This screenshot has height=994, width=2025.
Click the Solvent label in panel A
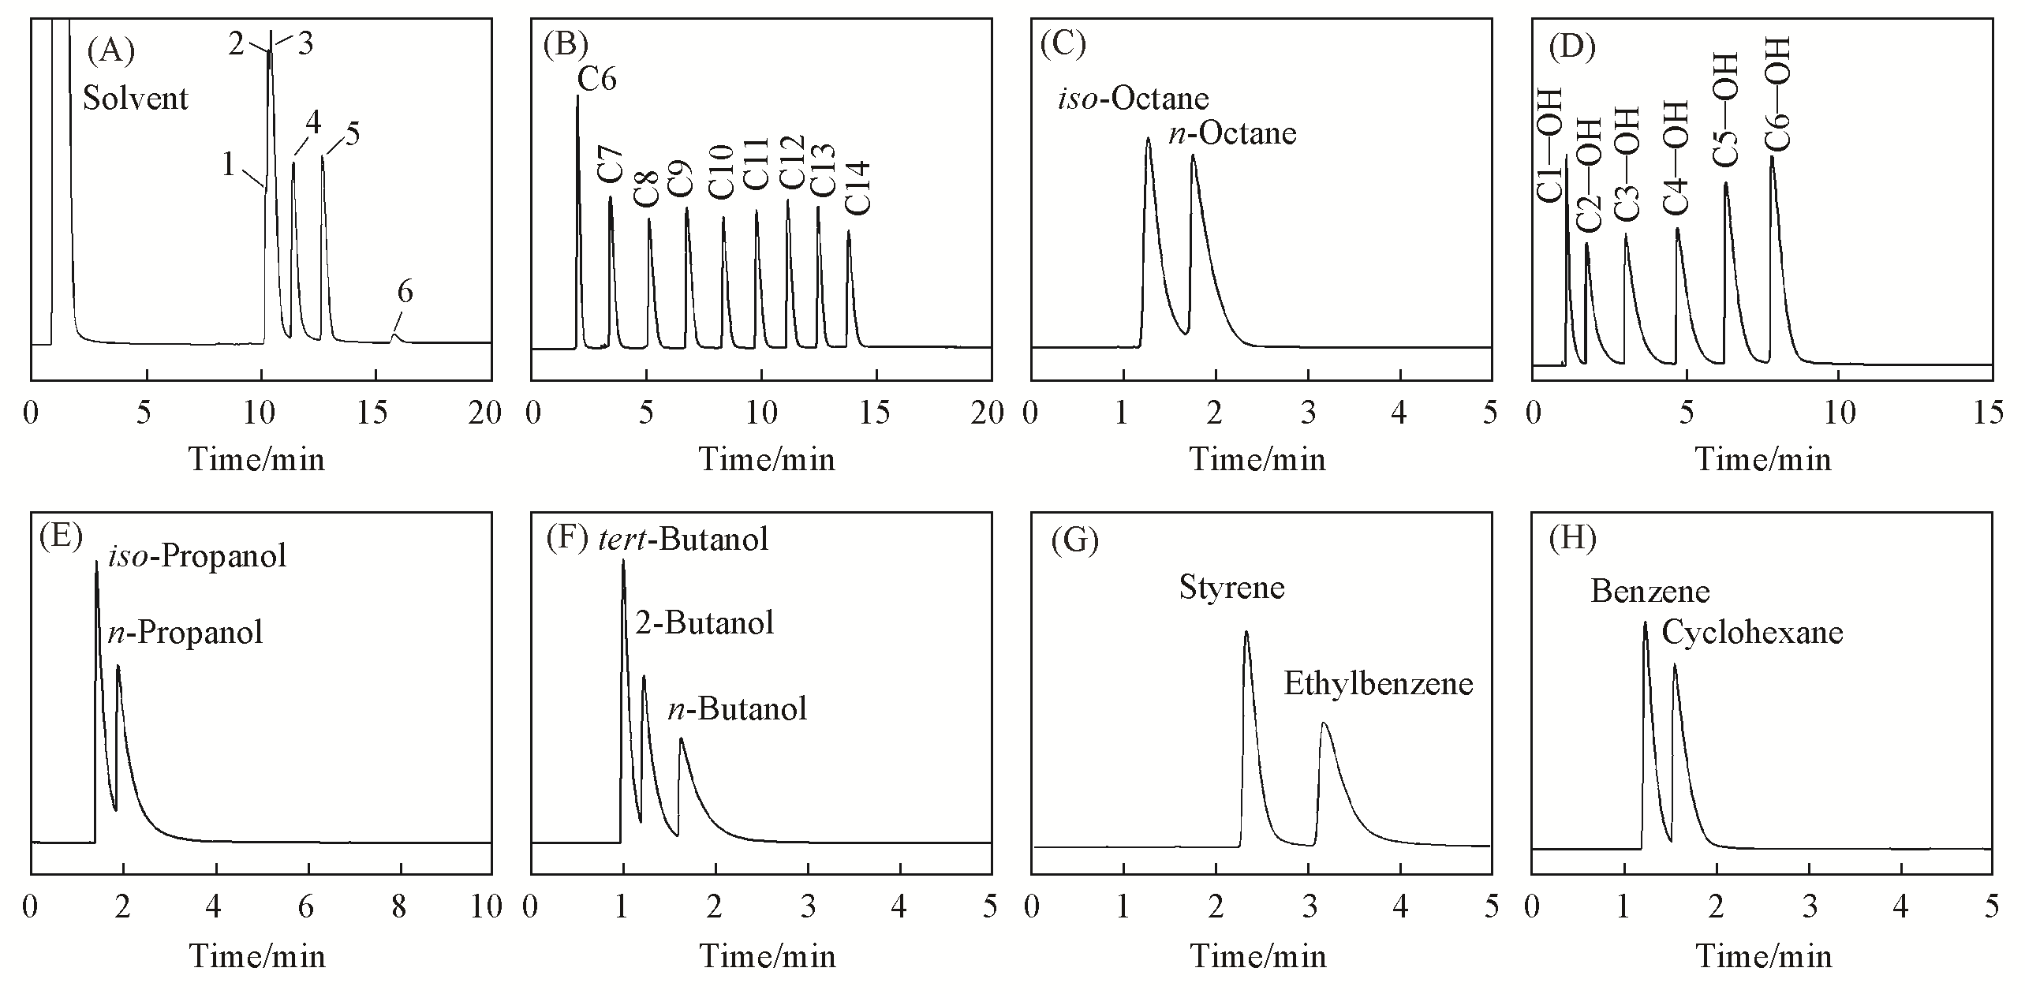(x=136, y=99)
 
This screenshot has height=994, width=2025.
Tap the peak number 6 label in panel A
(x=405, y=293)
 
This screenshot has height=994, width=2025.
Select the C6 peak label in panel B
(x=597, y=79)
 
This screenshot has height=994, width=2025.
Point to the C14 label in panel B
(x=857, y=188)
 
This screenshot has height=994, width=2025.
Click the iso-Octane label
(x=1133, y=99)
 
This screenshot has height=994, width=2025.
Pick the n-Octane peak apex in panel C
(x=1193, y=155)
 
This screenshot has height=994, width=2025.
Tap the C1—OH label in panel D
(x=1550, y=157)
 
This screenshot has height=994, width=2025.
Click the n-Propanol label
(x=185, y=633)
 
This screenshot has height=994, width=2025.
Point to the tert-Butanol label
(x=683, y=540)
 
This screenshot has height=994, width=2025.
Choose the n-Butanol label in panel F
(x=738, y=709)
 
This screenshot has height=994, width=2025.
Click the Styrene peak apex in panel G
(x=1246, y=632)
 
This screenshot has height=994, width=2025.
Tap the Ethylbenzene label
(x=1378, y=684)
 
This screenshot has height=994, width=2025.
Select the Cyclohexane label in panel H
(x=1752, y=633)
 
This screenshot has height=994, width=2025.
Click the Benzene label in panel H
(x=1650, y=592)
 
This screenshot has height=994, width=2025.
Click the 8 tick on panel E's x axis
(x=399, y=908)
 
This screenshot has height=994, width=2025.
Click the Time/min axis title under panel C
(x=1258, y=460)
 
